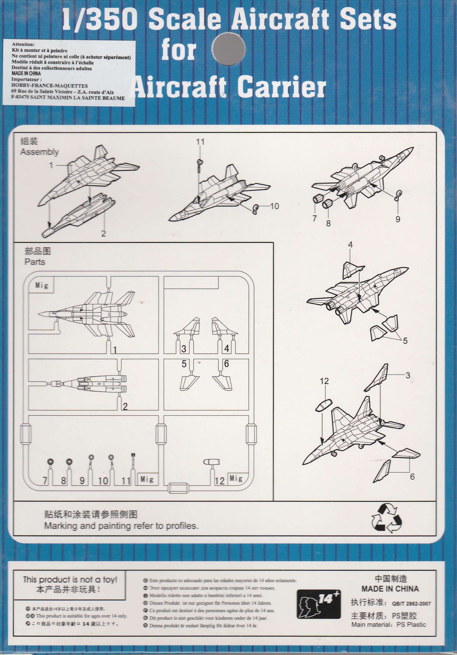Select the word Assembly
click(39, 152)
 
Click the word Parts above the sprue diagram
click(35, 262)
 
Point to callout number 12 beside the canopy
click(324, 381)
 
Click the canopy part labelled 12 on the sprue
click(211, 462)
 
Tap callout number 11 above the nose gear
click(200, 142)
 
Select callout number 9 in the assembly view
click(398, 219)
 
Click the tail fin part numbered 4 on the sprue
click(224, 326)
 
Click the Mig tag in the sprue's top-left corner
click(42, 285)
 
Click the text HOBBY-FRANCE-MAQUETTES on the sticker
click(50, 86)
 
